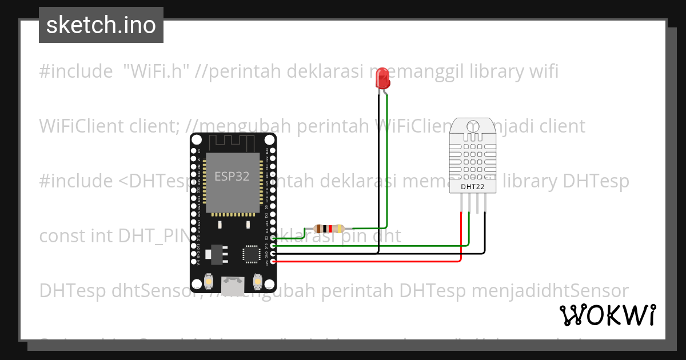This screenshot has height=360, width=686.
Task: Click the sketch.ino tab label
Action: (101, 25)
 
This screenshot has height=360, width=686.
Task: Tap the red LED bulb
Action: (382, 78)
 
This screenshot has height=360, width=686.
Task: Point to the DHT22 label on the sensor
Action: (472, 186)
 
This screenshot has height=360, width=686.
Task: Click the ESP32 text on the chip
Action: (232, 177)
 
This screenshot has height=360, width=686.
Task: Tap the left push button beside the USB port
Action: (209, 281)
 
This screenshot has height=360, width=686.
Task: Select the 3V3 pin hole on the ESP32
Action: (273, 261)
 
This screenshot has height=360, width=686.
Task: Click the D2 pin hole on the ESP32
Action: (273, 238)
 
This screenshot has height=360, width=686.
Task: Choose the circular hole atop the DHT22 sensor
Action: (473, 126)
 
